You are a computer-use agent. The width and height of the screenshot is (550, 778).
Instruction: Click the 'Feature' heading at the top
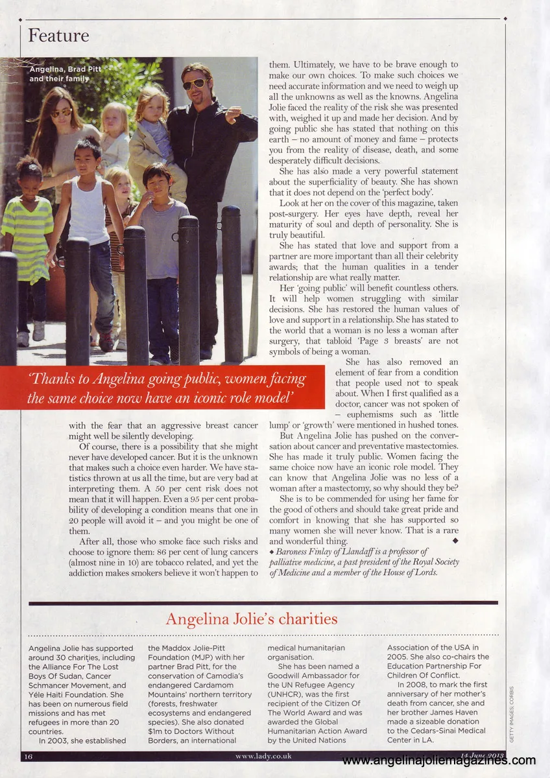click(x=58, y=35)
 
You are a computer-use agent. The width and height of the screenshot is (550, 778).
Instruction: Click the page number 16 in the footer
click(x=29, y=756)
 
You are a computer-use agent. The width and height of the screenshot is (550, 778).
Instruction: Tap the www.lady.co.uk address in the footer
click(x=263, y=756)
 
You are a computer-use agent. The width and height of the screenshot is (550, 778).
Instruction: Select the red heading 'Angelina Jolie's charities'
click(x=252, y=619)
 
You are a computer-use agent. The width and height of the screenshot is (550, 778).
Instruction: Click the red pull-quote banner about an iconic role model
click(x=162, y=388)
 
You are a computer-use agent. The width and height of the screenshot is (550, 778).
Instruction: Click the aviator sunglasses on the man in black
click(x=194, y=84)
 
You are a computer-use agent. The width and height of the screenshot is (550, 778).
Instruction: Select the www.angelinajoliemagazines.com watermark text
click(x=438, y=761)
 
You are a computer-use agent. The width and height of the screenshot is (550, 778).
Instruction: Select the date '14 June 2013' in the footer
click(x=481, y=755)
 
